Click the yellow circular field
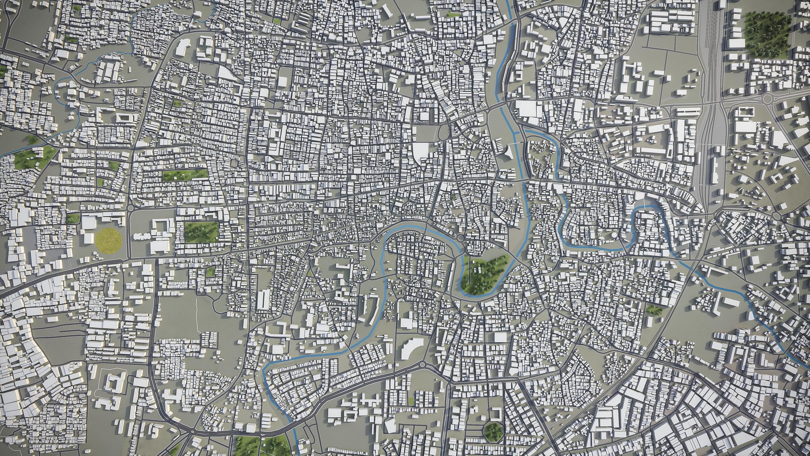tap(108, 240)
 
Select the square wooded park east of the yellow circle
tap(202, 232)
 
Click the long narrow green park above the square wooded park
tap(185, 174)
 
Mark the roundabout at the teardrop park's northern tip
tap(460, 239)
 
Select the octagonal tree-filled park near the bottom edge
tap(493, 431)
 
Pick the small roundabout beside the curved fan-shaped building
tap(422, 364)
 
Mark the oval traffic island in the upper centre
tap(442, 132)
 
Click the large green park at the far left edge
tap(32, 157)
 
